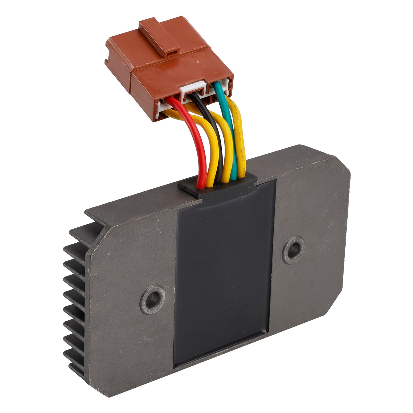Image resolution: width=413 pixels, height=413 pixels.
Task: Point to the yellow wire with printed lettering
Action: pyautogui.click(x=240, y=145)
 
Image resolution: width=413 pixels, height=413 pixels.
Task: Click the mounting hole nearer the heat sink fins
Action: pyautogui.click(x=152, y=299)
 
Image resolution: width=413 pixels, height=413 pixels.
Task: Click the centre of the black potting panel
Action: pyautogui.click(x=223, y=271)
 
